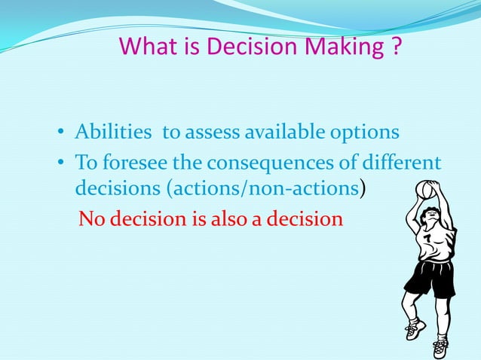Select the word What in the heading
tap(146, 47)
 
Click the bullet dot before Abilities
tap(62, 134)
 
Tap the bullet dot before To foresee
tap(62, 163)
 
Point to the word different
tap(404, 162)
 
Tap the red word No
tap(93, 218)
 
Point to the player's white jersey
tap(436, 245)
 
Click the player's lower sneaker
tap(440, 348)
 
